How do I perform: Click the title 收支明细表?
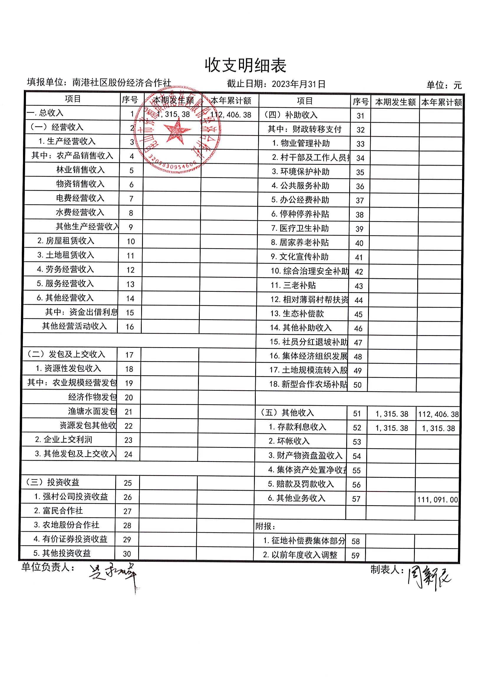coord(245,65)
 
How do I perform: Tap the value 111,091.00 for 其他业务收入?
coord(438,500)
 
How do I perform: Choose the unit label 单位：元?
coord(444,85)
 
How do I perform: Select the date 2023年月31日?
coord(298,84)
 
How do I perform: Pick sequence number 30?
coord(127,554)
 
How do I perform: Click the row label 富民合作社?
coord(62,511)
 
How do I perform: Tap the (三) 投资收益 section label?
coord(53,482)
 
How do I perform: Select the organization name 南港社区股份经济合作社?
coord(121,83)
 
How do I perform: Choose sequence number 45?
coord(358,314)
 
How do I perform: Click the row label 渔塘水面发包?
coord(92,411)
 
